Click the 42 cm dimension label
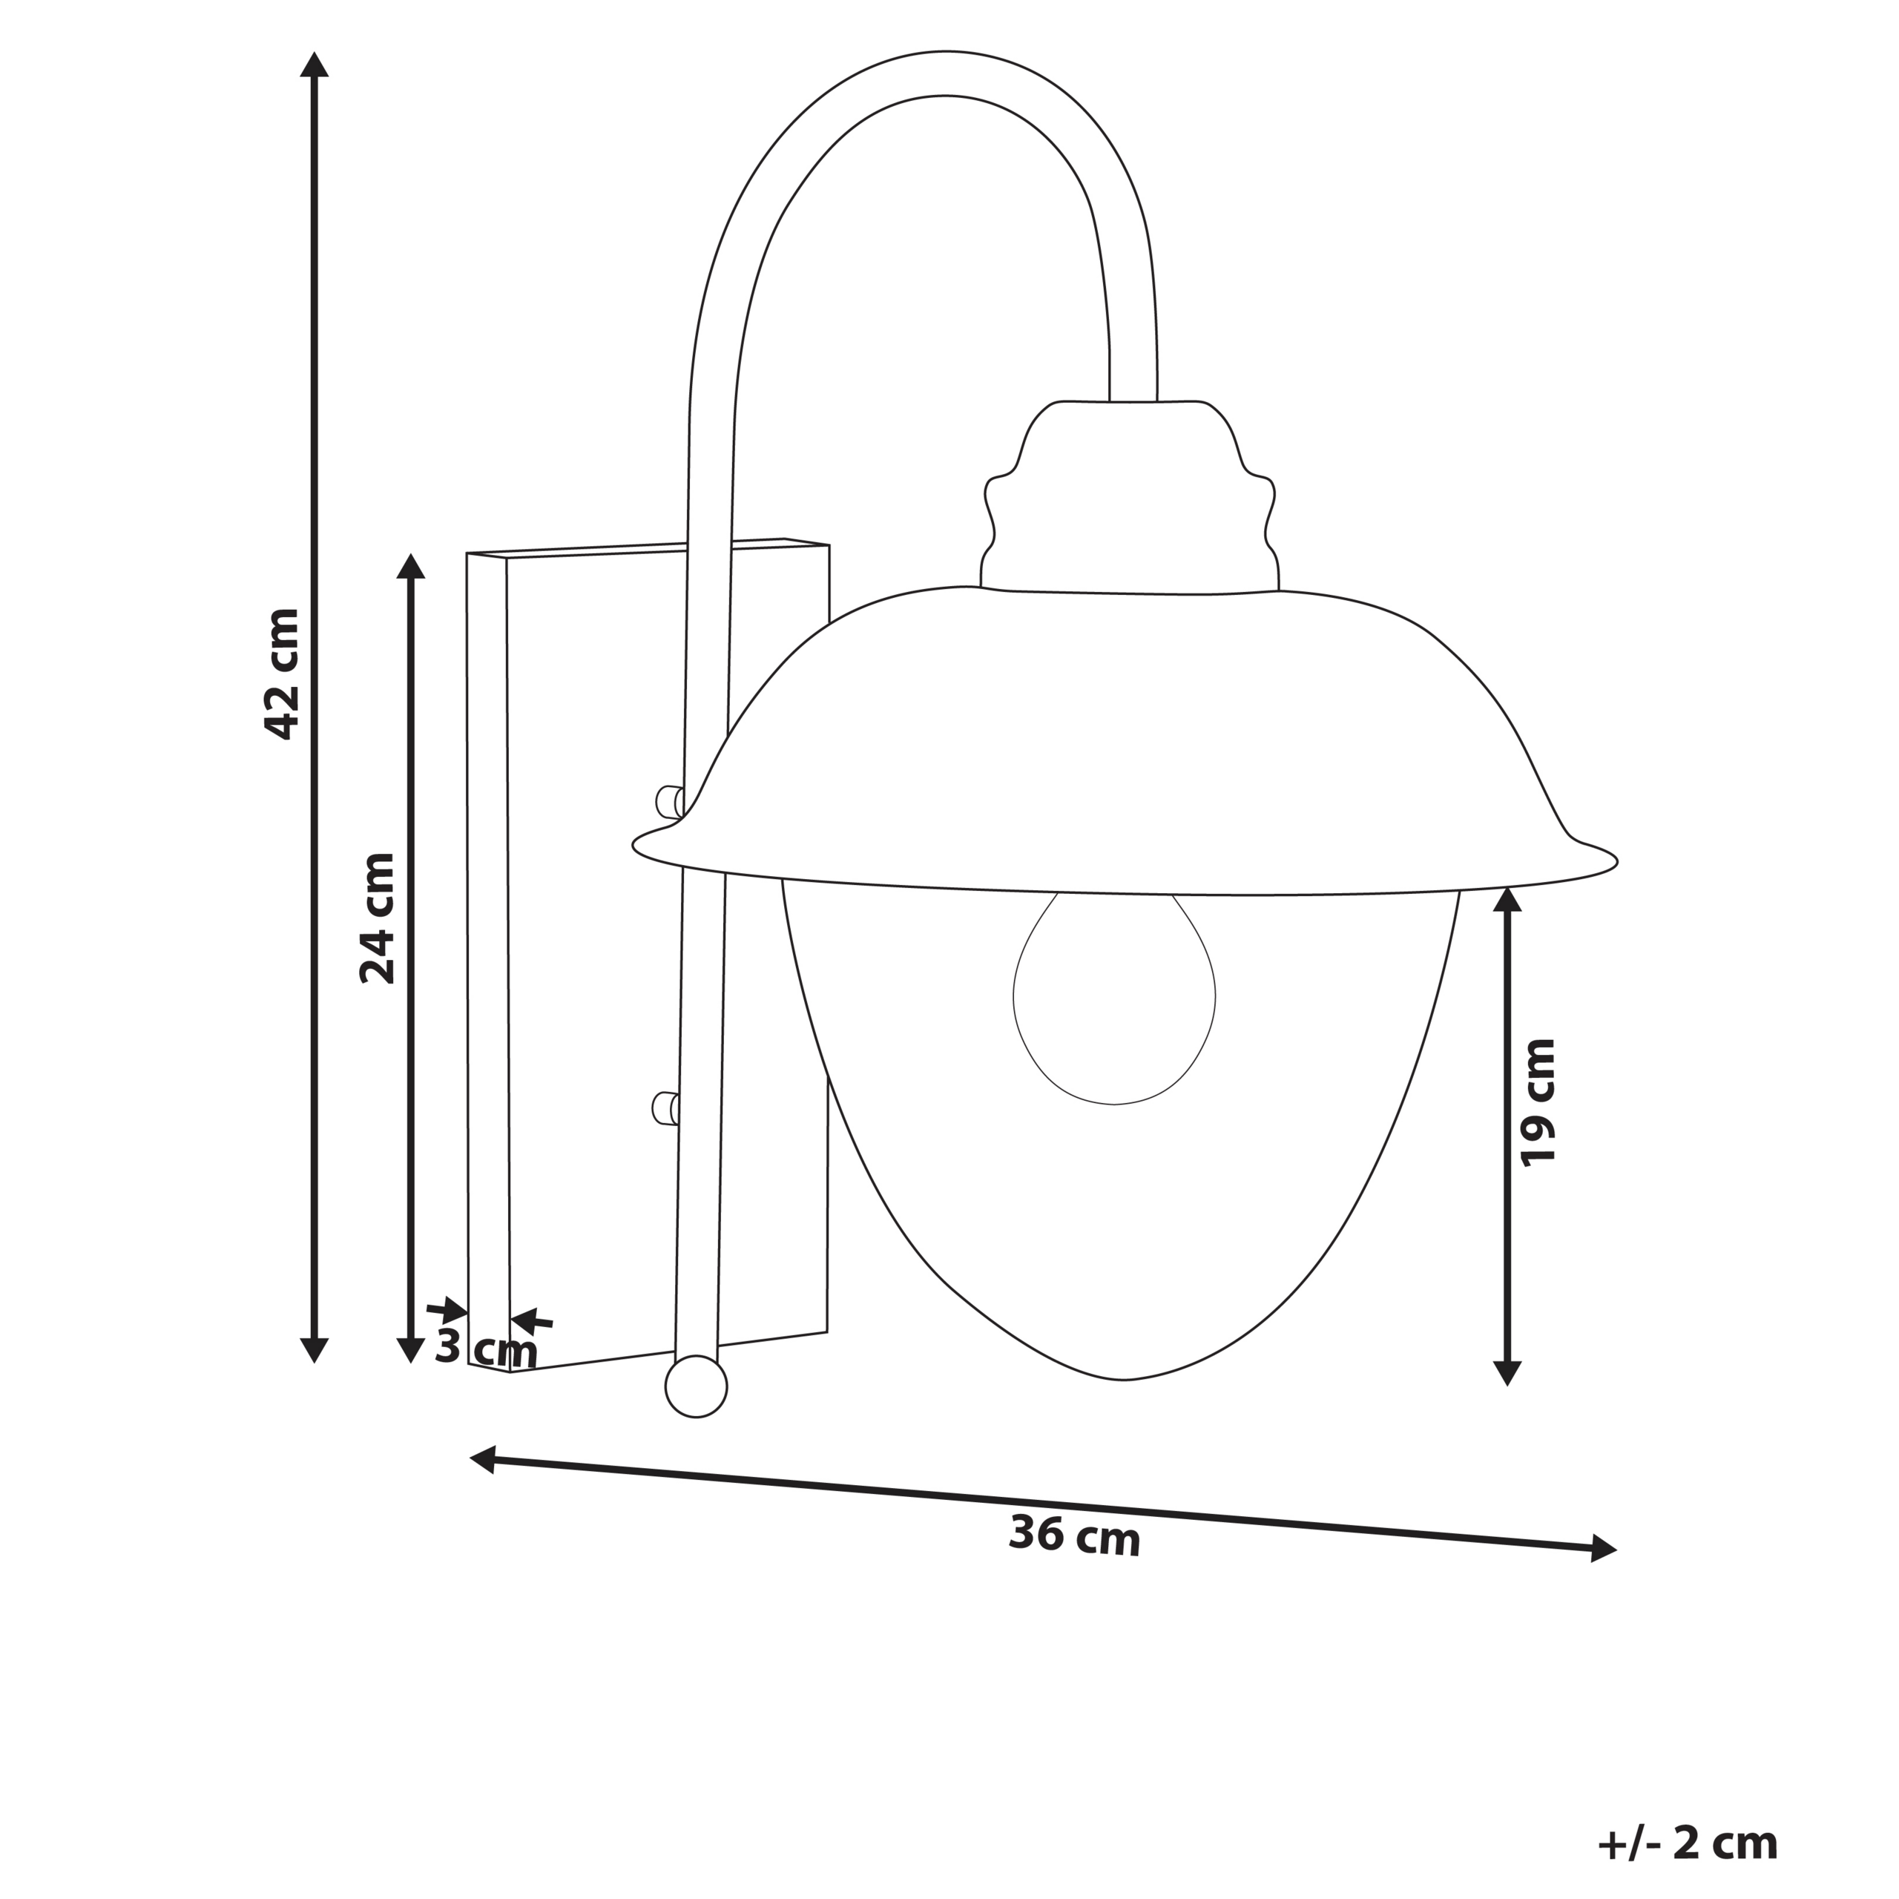(283, 674)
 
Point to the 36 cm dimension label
(1074, 1563)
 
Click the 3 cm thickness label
(486, 1348)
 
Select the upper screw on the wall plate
(668, 801)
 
